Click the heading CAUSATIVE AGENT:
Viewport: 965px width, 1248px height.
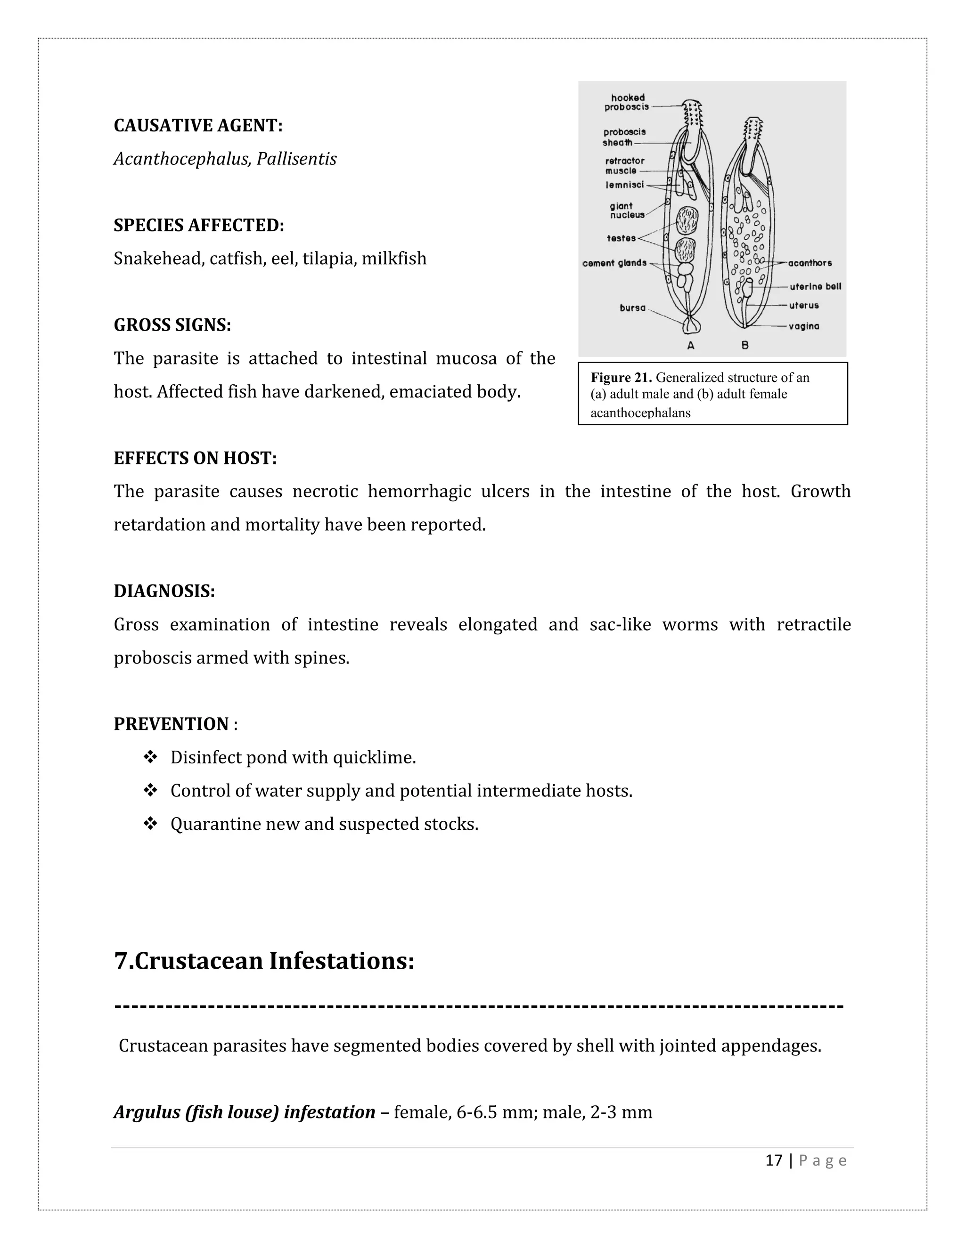tap(198, 126)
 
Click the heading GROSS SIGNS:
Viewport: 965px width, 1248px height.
tap(172, 325)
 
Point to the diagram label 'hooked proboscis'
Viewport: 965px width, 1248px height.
tap(627, 102)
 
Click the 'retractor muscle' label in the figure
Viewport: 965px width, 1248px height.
tap(624, 166)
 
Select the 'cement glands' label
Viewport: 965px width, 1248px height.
tap(614, 263)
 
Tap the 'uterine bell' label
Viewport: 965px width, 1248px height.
tap(815, 286)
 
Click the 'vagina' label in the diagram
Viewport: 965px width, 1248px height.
tap(804, 326)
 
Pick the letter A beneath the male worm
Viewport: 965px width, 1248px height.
tap(691, 345)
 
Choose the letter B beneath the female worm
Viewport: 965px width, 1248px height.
tap(745, 345)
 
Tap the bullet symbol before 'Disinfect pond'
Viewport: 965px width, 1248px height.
tap(150, 758)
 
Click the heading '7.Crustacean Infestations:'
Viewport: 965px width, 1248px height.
tap(264, 961)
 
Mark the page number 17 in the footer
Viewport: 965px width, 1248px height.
tap(774, 1160)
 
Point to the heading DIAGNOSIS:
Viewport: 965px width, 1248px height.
tap(164, 591)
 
